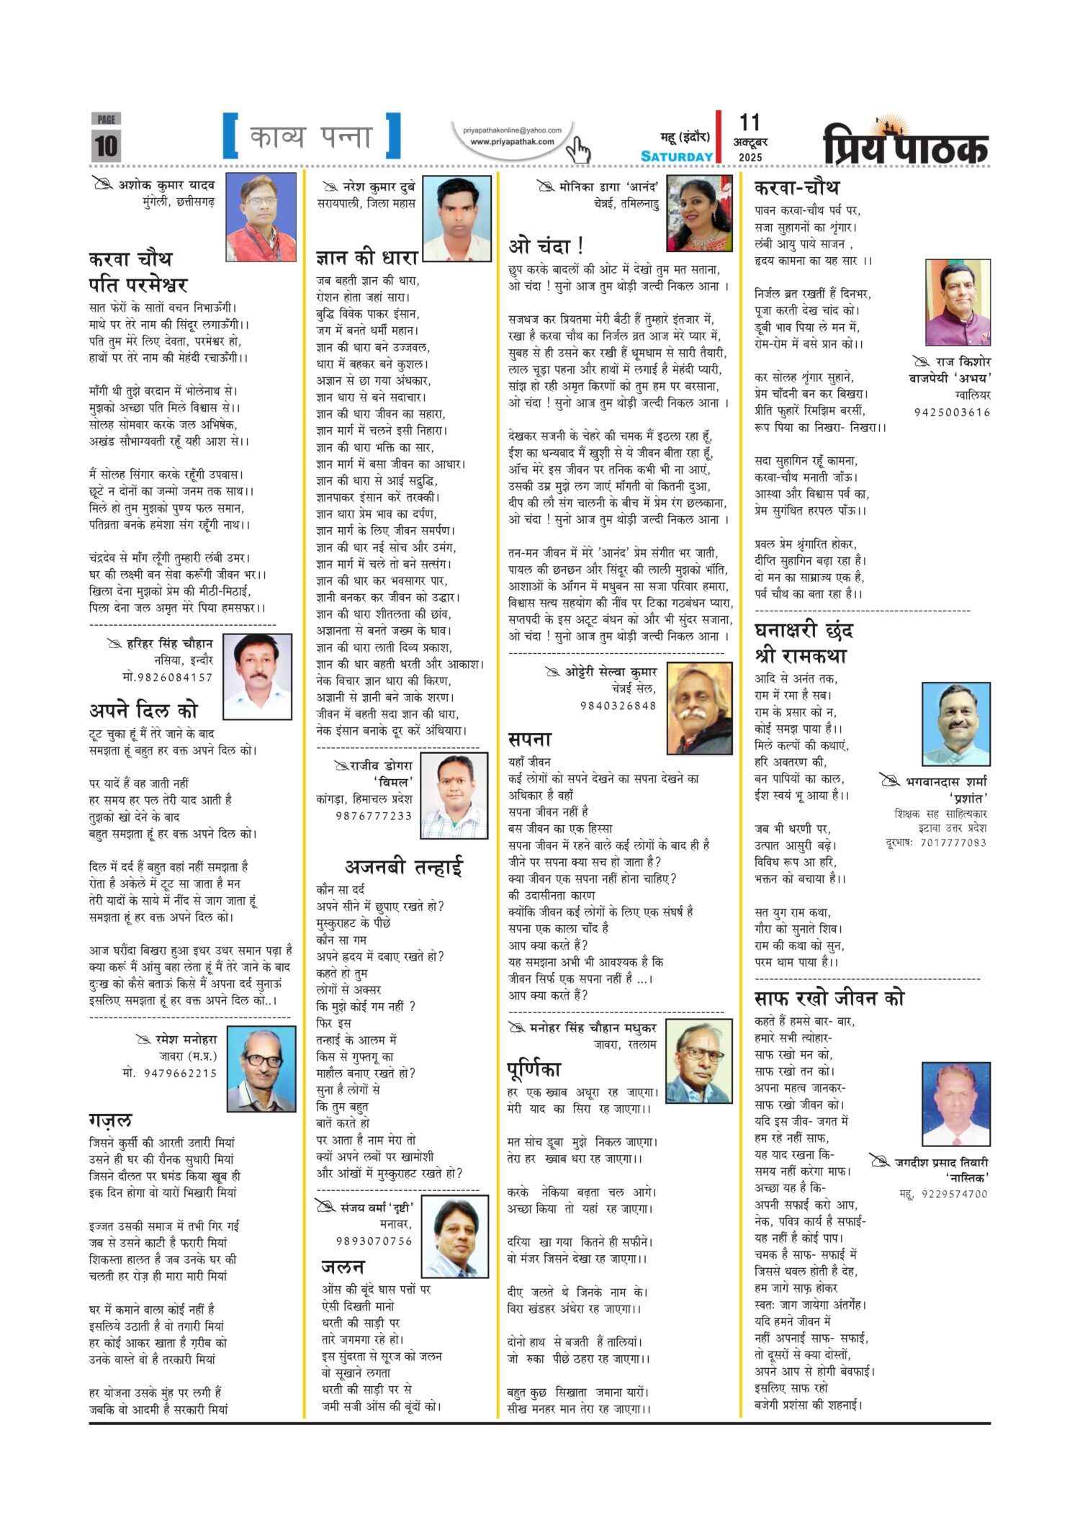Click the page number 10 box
(x=106, y=145)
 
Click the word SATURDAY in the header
(x=676, y=156)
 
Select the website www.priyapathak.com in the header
(x=512, y=142)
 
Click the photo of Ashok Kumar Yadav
(x=261, y=217)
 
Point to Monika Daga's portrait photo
(x=699, y=213)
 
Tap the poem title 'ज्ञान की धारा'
(x=366, y=257)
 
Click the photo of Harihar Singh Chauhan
(x=257, y=676)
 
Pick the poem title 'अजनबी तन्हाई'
(x=403, y=866)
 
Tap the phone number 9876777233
(x=374, y=816)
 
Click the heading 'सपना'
(x=529, y=740)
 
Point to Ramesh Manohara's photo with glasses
(x=261, y=1069)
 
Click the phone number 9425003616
(x=952, y=413)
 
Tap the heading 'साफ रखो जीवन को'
(x=829, y=998)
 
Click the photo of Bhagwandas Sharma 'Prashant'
(x=955, y=724)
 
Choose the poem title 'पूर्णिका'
(x=534, y=1069)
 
